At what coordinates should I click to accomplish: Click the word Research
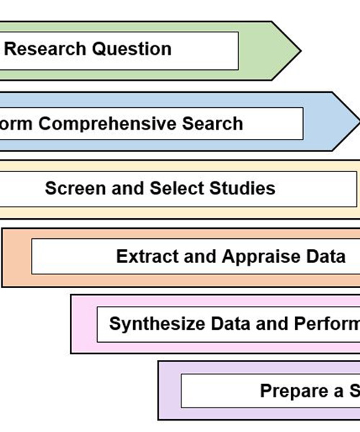[44, 50]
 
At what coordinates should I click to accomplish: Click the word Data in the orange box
[328, 257]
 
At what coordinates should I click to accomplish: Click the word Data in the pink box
[232, 323]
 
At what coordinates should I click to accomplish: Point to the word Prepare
[292, 392]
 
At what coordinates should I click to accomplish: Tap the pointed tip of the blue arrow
[358, 120]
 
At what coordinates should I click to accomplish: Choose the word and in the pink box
[272, 323]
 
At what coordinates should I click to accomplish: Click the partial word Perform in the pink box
[326, 323]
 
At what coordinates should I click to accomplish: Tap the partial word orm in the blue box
[17, 124]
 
